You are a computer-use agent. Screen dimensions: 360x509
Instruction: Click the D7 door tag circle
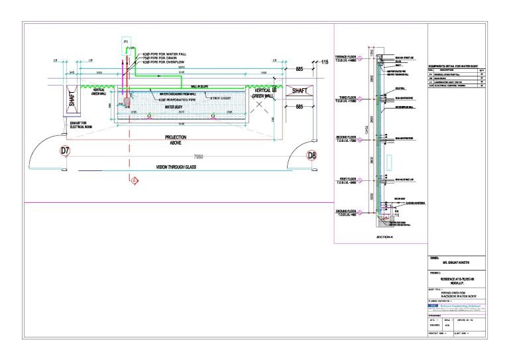(x=65, y=150)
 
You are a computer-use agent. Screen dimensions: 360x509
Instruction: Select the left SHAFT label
(x=72, y=101)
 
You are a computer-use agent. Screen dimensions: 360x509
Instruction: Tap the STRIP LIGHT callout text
(x=223, y=99)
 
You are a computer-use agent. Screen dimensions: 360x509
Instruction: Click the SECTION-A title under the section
(x=384, y=236)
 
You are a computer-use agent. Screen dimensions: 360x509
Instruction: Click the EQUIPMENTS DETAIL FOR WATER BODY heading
(x=457, y=66)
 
